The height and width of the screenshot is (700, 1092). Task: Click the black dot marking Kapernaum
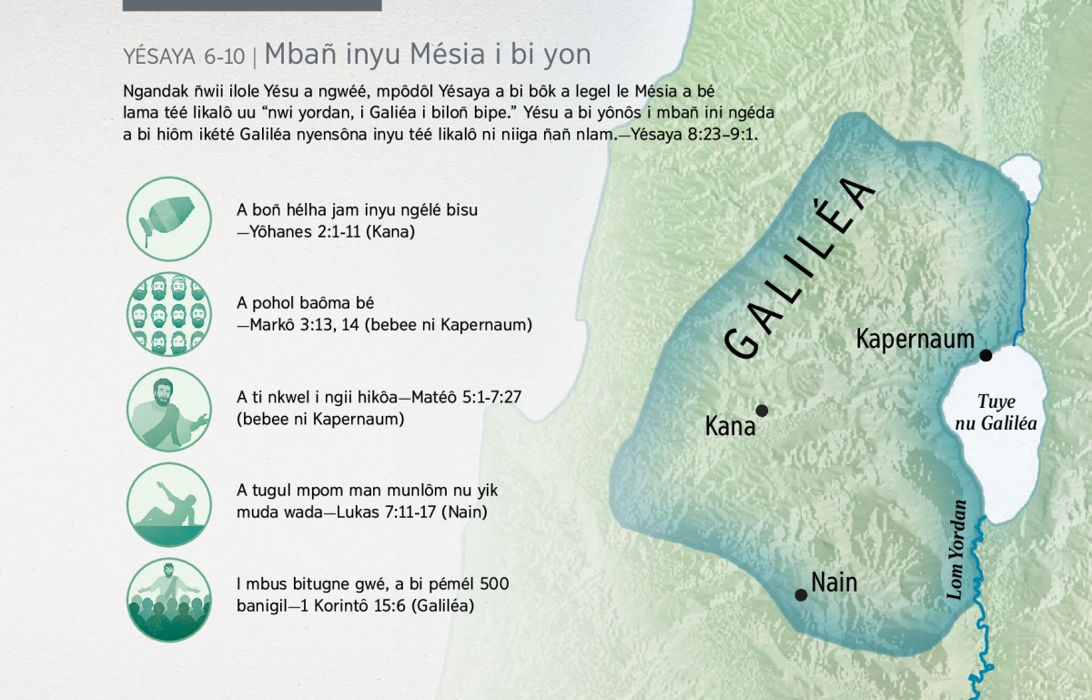986,355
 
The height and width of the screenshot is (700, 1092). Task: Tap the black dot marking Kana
762,411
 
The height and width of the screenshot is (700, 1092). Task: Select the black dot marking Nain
801,594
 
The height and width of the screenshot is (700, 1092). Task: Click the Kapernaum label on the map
915,339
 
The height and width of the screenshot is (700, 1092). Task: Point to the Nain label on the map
834,583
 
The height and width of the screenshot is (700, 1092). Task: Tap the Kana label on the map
730,426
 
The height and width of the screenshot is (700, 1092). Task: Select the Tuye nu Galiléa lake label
996,412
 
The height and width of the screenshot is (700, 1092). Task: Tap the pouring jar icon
169,219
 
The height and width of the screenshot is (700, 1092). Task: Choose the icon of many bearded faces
169,314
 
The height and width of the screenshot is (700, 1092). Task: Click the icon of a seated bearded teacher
169,409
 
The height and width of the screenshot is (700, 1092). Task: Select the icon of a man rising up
169,504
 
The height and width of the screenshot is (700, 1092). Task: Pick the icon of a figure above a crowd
169,600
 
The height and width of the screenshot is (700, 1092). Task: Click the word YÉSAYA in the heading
159,56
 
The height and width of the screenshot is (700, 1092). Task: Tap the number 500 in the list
494,583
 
